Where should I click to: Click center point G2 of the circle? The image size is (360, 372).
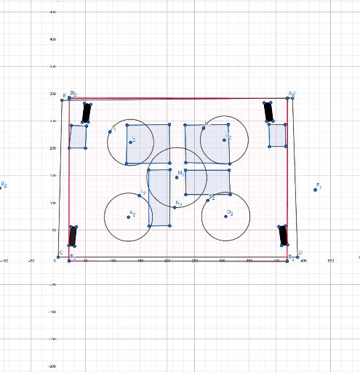(x=225, y=139)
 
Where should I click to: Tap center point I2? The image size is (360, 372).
(x=131, y=142)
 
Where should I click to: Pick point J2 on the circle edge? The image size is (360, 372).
(x=111, y=132)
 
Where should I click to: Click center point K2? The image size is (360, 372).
(x=129, y=217)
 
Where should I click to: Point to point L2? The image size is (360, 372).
(x=140, y=195)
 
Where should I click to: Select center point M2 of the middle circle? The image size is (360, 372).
(x=177, y=177)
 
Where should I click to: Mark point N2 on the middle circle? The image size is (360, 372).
(x=175, y=207)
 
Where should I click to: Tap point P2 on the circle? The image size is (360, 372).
(x=207, y=200)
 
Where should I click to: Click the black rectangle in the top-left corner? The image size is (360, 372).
(x=86, y=113)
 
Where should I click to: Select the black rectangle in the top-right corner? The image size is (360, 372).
(x=268, y=111)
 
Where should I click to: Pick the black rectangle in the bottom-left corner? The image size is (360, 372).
(x=73, y=235)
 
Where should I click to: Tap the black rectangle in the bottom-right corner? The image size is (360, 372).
(x=284, y=235)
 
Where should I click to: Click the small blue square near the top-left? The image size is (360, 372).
(x=78, y=137)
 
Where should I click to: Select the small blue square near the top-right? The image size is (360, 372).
(x=277, y=135)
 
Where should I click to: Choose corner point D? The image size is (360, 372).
(x=297, y=256)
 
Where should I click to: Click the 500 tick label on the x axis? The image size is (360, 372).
(x=330, y=260)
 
